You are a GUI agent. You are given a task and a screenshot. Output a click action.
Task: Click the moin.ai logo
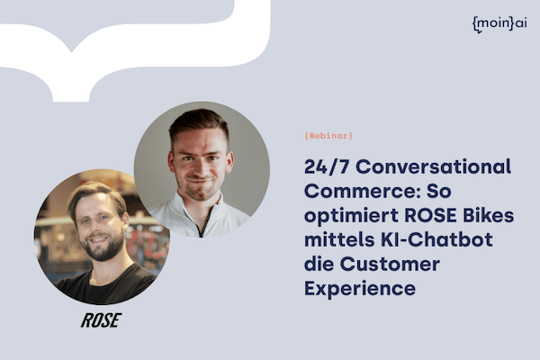(499, 24)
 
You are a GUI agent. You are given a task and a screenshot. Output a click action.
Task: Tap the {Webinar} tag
(328, 135)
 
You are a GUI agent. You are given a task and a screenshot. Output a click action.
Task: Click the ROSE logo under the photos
(101, 320)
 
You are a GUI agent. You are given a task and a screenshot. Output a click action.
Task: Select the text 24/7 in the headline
(326, 166)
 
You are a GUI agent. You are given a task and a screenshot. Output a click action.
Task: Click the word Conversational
(433, 166)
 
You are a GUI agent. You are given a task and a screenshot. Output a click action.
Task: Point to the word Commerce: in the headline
(362, 191)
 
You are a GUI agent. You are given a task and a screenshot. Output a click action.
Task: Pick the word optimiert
(351, 216)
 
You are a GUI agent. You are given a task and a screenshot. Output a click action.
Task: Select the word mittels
(339, 239)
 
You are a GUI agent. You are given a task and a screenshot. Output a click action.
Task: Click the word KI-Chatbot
(436, 239)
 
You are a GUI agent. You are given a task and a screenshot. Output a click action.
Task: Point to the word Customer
(390, 264)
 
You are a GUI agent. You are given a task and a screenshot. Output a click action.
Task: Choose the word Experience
(360, 289)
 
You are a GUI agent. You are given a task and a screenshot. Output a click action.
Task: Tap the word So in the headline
(439, 191)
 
